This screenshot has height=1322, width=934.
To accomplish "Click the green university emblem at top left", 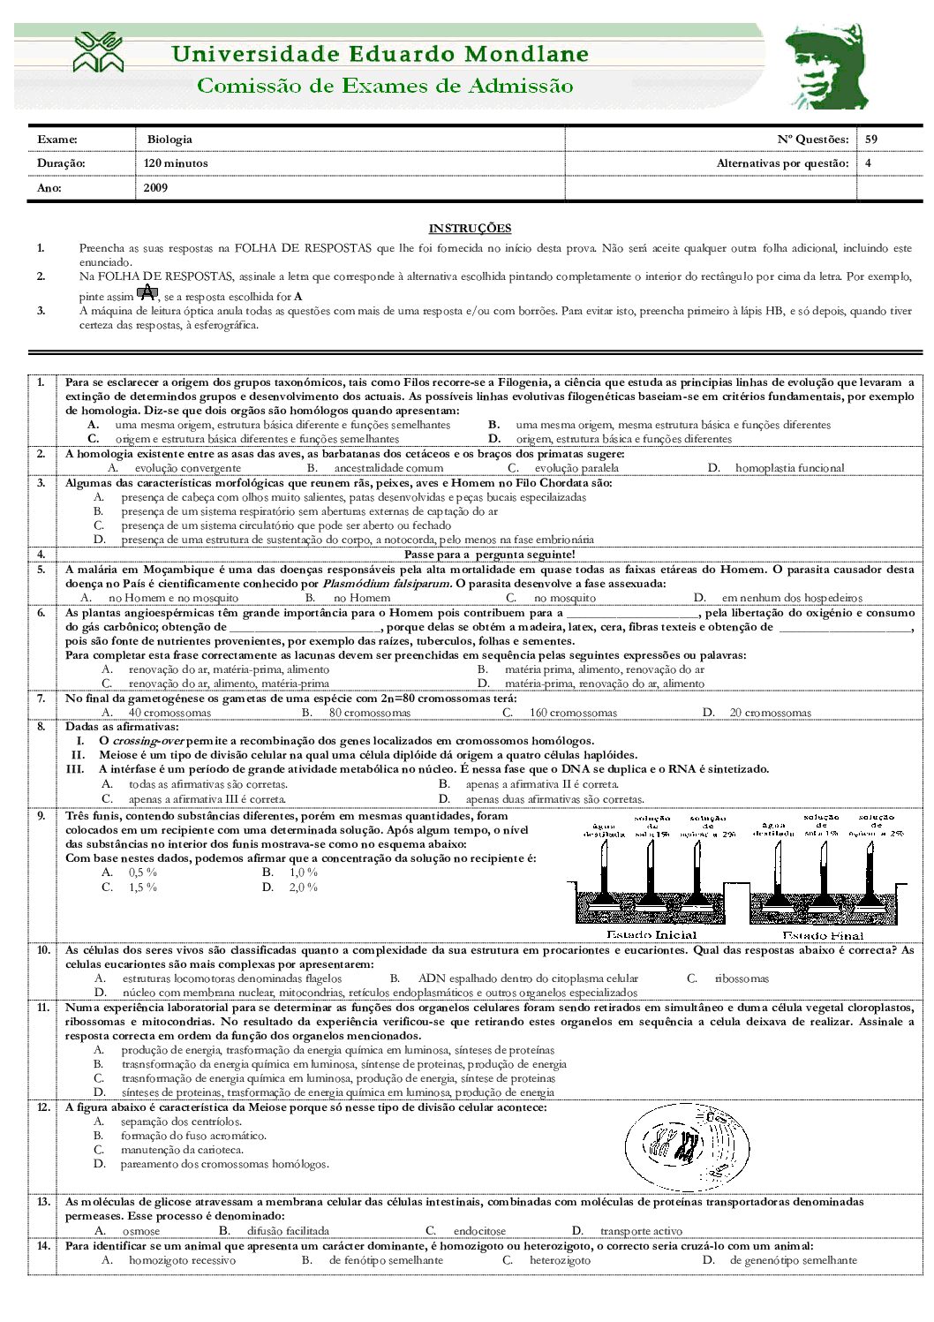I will click(98, 52).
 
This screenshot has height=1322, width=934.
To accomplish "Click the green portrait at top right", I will click(826, 67).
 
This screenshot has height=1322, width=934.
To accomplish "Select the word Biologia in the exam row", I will click(169, 140).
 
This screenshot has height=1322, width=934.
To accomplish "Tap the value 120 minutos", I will click(176, 163).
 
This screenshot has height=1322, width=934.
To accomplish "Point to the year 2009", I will click(155, 187).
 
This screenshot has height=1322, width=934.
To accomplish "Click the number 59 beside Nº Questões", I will click(871, 140).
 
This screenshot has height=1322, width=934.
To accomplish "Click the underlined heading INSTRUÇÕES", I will click(470, 228).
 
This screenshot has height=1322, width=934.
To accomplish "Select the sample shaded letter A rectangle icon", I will click(147, 293).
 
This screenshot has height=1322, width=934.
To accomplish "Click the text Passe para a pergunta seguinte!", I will click(489, 555).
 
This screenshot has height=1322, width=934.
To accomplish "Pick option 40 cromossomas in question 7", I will click(169, 713).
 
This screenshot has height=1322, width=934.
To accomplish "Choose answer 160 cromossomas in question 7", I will click(573, 713).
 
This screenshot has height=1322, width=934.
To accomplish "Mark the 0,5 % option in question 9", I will click(143, 873).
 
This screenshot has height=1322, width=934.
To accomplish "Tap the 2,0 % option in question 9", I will click(303, 888).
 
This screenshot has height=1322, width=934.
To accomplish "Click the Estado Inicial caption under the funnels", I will click(652, 934).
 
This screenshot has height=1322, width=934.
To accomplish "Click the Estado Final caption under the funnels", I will click(823, 935).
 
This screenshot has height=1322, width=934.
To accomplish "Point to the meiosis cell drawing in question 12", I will click(681, 1145).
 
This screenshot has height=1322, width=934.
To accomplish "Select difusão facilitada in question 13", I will click(288, 1231).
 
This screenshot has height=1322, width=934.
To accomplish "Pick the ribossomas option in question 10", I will click(742, 978).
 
